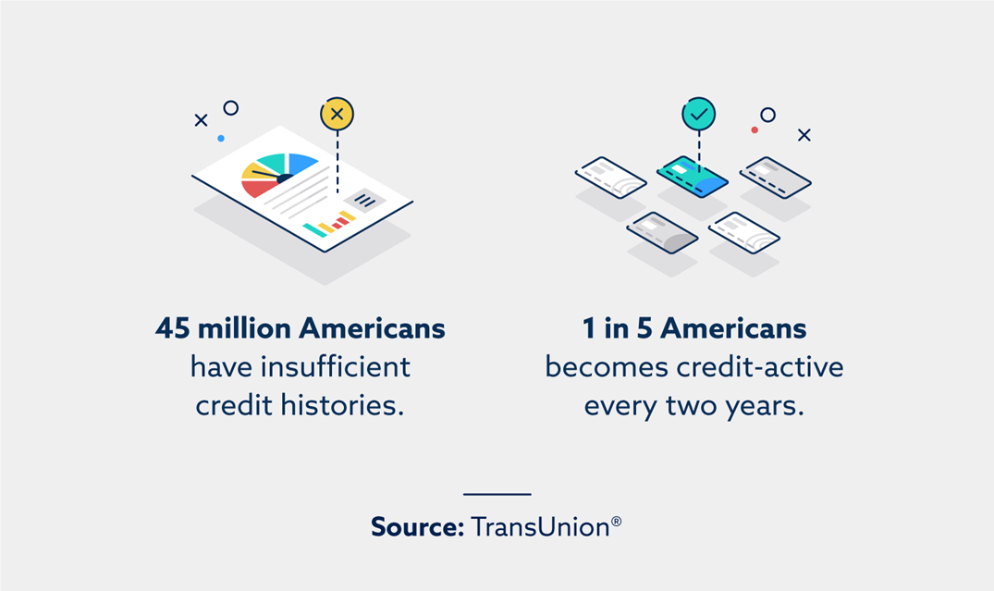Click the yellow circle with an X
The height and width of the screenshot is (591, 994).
(337, 114)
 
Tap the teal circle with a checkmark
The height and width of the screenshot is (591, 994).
(699, 114)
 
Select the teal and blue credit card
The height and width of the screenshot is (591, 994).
(693, 177)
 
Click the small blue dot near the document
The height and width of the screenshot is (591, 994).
(221, 138)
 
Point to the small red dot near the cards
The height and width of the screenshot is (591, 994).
(755, 130)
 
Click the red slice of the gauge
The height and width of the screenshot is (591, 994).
(258, 188)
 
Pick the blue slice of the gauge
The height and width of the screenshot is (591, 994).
(301, 163)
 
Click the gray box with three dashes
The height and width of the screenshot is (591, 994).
(364, 201)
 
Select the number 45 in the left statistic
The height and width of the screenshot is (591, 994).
(172, 328)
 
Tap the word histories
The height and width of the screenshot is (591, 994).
(342, 405)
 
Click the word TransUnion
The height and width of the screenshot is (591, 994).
(540, 527)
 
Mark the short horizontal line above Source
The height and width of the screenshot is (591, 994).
(497, 494)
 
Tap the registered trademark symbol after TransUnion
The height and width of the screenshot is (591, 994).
(616, 522)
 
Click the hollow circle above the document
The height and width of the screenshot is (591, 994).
(231, 108)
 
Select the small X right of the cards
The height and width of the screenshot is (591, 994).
(804, 134)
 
